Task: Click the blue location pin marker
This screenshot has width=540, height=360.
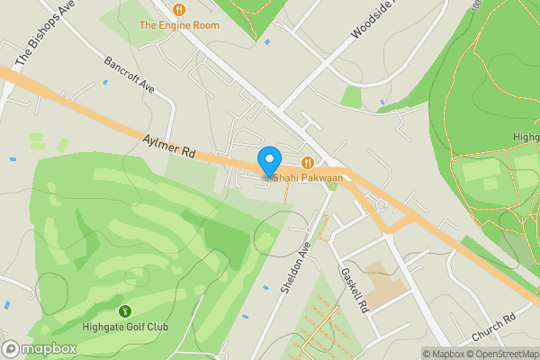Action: [x=268, y=162]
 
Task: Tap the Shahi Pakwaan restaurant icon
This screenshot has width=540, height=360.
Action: [x=308, y=163]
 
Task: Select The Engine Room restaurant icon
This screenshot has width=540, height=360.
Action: [x=179, y=9]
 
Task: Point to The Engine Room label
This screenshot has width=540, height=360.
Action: [x=178, y=25]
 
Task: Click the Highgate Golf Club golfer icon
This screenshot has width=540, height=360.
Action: [x=124, y=311]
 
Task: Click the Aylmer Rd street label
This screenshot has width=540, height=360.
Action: [x=169, y=147]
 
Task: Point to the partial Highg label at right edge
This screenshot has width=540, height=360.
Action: [x=526, y=138]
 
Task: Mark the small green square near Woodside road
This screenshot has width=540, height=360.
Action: [x=351, y=97]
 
